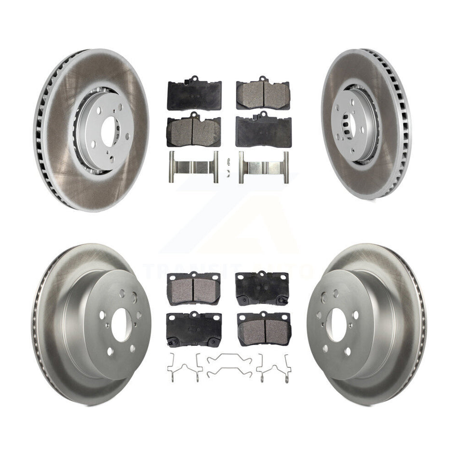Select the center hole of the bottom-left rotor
point(121,319)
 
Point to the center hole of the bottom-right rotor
point(337,319)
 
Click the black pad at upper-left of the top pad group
point(194,94)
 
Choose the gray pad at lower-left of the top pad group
point(194,131)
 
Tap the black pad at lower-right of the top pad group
point(263,132)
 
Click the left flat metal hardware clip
point(193,167)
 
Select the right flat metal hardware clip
point(264,167)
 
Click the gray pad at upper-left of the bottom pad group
point(193,289)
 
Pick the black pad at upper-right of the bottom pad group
point(262,288)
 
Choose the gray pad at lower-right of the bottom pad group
point(264,329)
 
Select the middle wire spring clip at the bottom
point(229,365)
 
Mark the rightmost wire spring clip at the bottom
point(273,368)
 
